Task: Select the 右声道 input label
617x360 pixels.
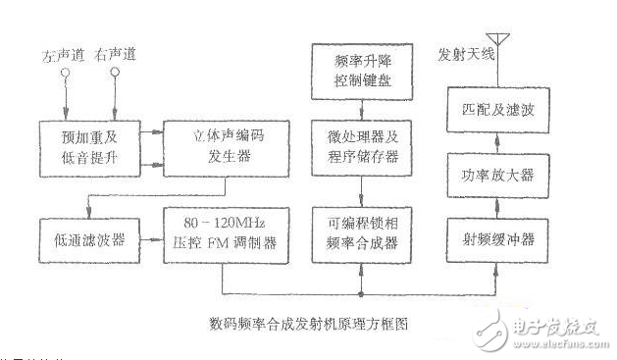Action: pyautogui.click(x=115, y=58)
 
